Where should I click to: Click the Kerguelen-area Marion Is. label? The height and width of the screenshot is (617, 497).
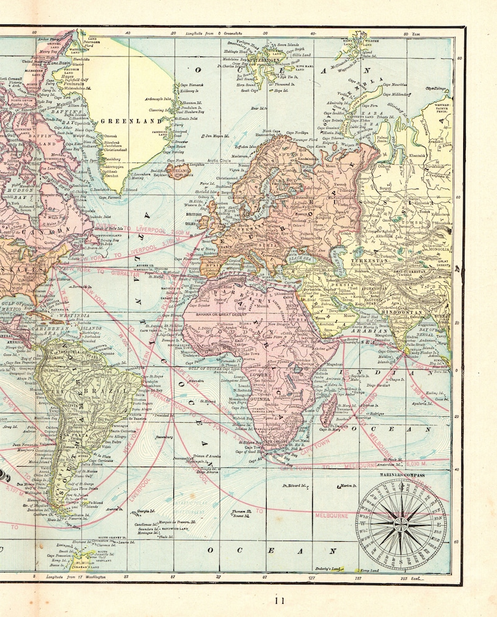(348, 485)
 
